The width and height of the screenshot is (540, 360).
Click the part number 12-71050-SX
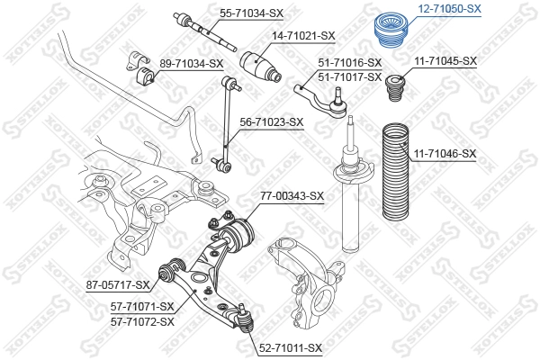(x=446, y=8)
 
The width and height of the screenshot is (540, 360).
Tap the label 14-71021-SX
(x=303, y=36)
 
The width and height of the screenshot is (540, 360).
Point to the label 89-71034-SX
(x=191, y=63)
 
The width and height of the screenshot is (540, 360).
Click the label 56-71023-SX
(x=271, y=121)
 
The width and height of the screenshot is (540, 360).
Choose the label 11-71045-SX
(x=445, y=62)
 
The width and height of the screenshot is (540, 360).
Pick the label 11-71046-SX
(x=445, y=154)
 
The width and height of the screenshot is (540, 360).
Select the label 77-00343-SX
(x=292, y=195)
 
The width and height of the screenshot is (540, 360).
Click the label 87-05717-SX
(x=118, y=285)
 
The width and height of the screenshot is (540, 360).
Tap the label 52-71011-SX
(x=290, y=346)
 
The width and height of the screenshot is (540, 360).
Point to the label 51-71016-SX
(x=350, y=63)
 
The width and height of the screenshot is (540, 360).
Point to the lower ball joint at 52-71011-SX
(x=244, y=320)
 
